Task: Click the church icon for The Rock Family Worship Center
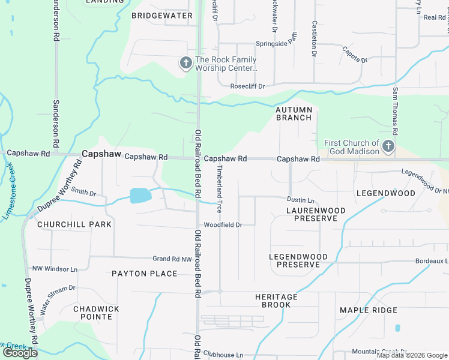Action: (186, 62)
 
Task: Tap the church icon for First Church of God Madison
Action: (388, 146)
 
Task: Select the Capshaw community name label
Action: (101, 154)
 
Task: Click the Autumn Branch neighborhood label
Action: (294, 113)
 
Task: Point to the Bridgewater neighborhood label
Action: (162, 16)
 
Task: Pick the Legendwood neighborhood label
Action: (385, 193)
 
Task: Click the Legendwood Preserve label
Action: (298, 260)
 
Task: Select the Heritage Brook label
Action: (276, 301)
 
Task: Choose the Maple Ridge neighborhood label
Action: (369, 310)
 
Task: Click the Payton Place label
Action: (145, 274)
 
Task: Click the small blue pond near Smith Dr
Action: (139, 195)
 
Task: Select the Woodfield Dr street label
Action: (223, 225)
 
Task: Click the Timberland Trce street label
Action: (219, 189)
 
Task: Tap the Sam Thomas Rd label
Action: (395, 111)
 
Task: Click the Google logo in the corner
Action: (20, 353)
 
